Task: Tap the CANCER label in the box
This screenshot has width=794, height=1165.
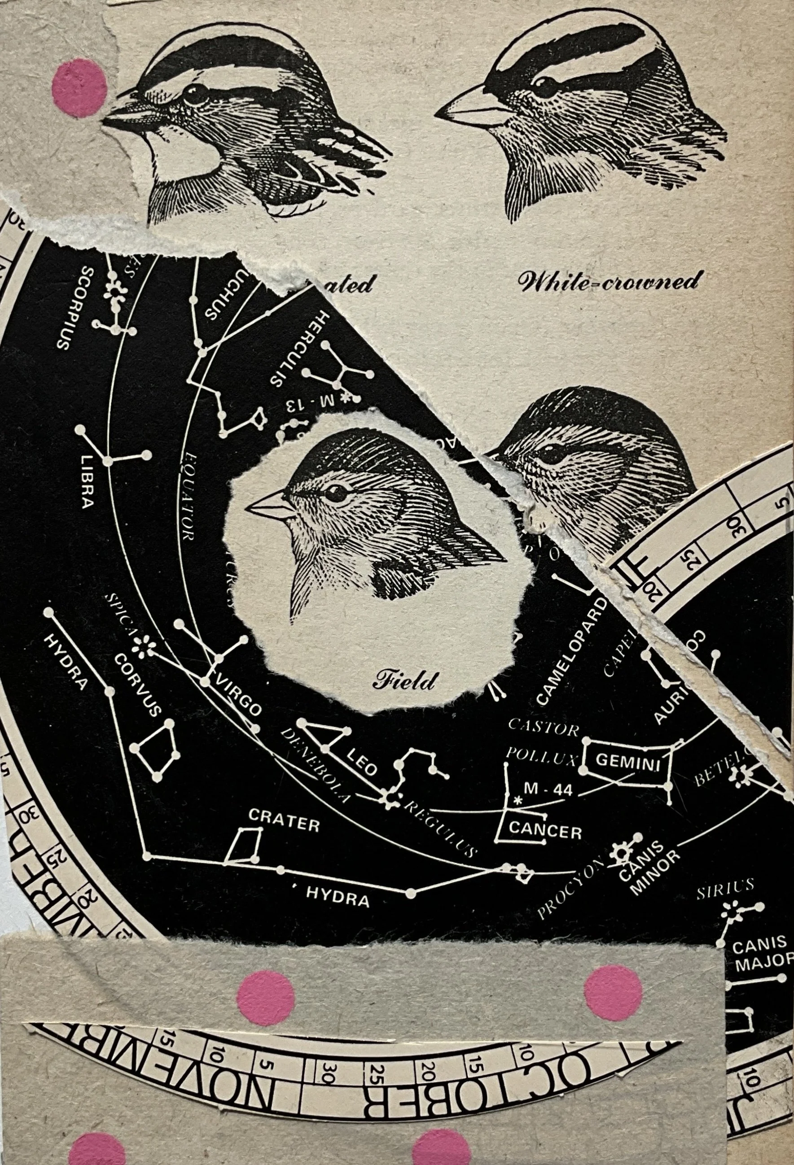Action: (x=545, y=830)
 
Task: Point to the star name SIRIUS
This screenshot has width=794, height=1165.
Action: (x=725, y=886)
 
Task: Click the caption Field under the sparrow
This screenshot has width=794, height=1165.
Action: (x=404, y=679)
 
